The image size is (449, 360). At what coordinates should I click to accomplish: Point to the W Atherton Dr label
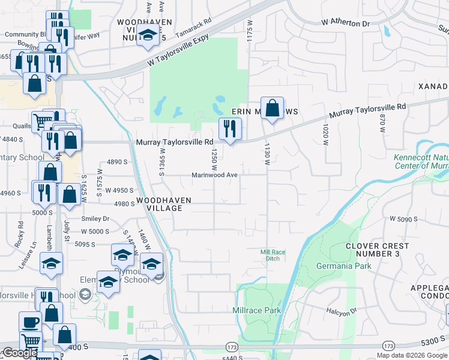pos(346,22)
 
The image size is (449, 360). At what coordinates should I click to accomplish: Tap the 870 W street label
pos(381,124)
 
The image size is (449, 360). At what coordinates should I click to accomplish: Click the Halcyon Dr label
pos(342,311)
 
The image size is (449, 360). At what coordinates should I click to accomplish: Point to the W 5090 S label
pos(403,220)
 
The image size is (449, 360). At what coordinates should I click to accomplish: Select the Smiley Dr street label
pos(98,219)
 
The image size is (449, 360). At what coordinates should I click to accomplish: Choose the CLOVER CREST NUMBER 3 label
pos(377,250)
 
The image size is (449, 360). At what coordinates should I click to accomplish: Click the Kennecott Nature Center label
pos(421,162)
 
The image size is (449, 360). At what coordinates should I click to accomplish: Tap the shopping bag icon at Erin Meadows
pos(272,109)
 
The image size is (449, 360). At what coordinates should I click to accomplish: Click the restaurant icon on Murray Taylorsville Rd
pos(229,128)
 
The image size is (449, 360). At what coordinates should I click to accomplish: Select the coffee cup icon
pos(30,322)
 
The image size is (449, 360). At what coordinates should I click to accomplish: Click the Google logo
pos(20,353)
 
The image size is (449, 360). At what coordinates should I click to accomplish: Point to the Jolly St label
pos(67,229)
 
